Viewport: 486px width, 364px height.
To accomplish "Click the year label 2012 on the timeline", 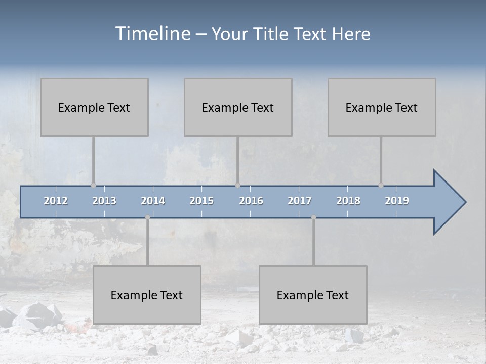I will (x=56, y=201).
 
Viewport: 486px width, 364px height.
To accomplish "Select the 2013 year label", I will (x=104, y=201).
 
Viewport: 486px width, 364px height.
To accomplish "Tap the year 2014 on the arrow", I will (x=153, y=201).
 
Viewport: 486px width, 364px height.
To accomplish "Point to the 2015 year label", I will (x=201, y=201).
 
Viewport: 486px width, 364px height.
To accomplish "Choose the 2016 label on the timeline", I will (x=251, y=201).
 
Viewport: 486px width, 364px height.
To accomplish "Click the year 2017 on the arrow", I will (x=300, y=201).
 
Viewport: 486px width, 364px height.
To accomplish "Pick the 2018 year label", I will (x=348, y=201).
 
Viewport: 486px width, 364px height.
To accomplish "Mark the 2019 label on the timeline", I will (x=397, y=201).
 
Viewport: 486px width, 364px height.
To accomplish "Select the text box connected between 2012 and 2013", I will (x=94, y=107).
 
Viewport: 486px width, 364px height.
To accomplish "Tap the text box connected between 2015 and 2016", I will (x=238, y=107).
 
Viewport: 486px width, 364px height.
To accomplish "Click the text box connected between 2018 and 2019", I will (x=382, y=107).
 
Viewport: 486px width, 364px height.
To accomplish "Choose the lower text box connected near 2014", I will (x=147, y=295).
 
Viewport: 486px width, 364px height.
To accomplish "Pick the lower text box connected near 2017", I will (x=313, y=295).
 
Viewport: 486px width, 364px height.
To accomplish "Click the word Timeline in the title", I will (x=152, y=34).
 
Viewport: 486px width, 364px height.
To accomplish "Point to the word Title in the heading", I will (x=274, y=34).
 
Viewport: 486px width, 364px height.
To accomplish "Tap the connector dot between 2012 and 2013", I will (x=93, y=186).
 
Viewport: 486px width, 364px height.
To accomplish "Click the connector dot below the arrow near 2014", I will (x=147, y=217).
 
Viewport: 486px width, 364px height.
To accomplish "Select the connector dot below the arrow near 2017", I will (x=313, y=217).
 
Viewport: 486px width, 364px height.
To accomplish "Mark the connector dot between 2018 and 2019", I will (x=381, y=186).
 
